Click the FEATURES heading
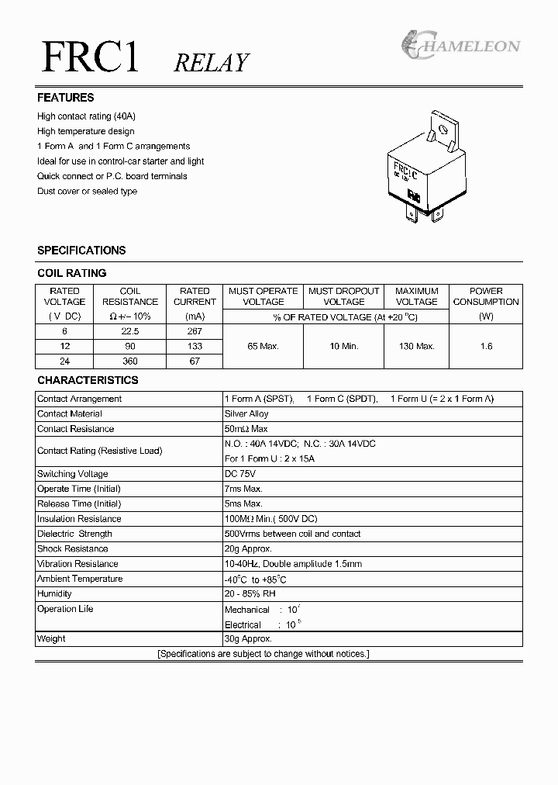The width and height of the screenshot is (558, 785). point(66,98)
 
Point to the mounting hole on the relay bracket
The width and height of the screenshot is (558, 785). point(443,128)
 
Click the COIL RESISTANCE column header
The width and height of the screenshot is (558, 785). point(130,296)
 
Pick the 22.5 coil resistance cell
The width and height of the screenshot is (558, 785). point(130,331)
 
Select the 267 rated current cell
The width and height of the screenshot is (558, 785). point(195,331)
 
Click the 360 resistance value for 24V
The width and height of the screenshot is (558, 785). point(130,361)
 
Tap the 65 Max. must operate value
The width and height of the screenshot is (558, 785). point(263,346)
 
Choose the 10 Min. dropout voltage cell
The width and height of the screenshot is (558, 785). point(343,346)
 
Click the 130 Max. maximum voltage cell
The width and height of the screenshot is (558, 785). point(417,346)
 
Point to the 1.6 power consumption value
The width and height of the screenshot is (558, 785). point(486,346)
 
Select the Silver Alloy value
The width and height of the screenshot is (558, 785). point(246,414)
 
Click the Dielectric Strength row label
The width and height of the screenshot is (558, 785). point(74,534)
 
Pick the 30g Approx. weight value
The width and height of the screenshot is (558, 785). point(248,639)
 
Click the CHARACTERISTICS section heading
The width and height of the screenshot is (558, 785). point(88,381)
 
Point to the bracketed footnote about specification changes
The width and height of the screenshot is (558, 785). point(263,654)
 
